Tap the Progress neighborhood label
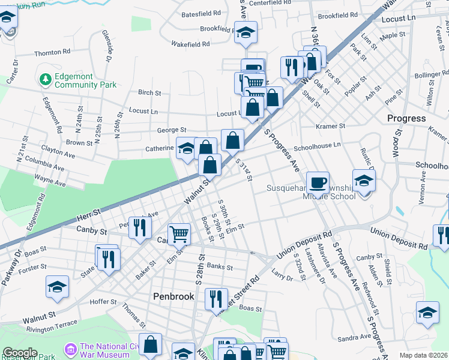406,118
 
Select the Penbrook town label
174,296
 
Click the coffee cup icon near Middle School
318,182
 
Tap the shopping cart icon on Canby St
179,234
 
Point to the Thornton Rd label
53,53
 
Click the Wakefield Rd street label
190,44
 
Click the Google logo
20,352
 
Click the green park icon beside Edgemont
44,79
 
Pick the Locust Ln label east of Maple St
398,19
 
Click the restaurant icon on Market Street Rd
216,299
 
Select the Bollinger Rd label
427,75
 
